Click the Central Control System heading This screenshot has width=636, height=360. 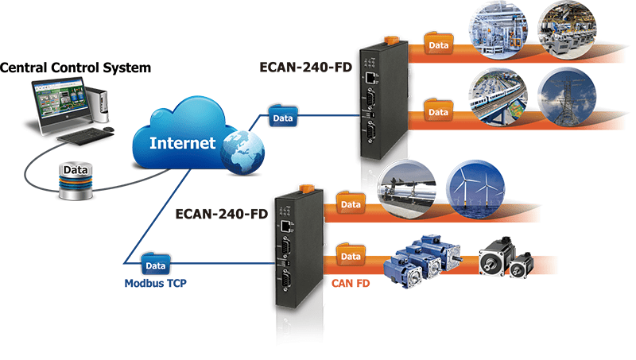[76, 68]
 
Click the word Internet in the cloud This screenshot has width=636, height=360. [183, 144]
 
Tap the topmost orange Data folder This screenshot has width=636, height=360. [436, 44]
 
